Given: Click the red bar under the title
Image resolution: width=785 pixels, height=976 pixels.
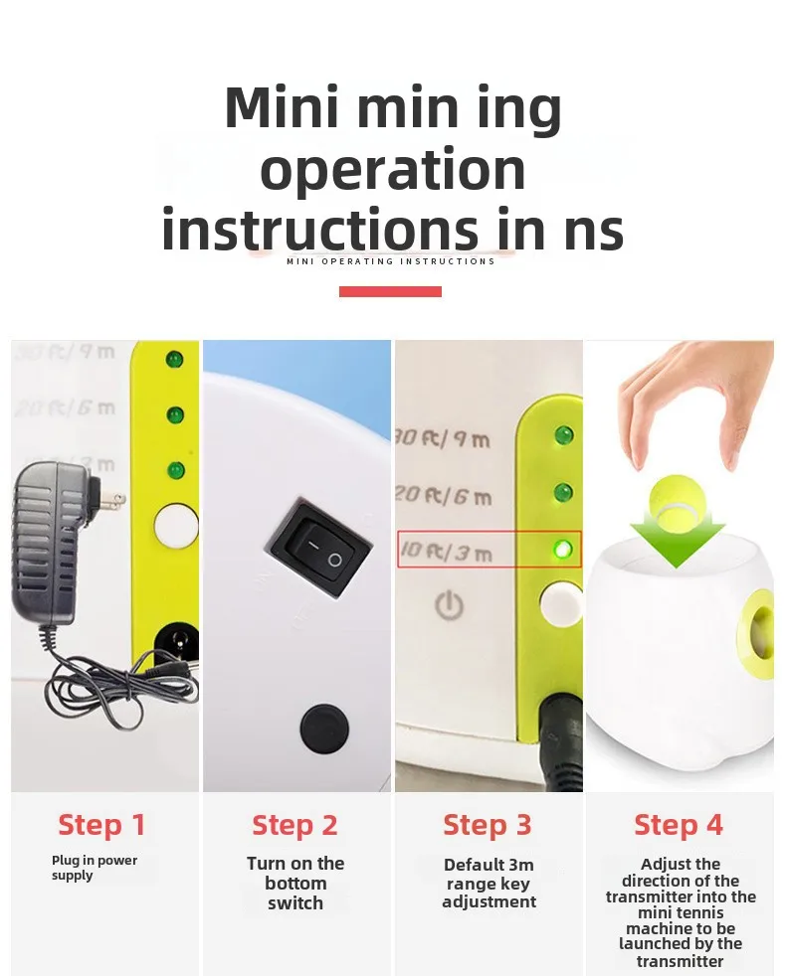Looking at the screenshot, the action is coord(391,291).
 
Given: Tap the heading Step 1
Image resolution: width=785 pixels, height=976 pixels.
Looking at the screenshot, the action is coord(101,825).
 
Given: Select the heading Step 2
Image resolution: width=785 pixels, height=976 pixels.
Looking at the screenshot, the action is coord(294,825).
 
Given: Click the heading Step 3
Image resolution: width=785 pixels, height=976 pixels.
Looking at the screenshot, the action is coord(488,825).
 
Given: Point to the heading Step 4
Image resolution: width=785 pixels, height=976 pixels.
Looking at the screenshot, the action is coord(679,825).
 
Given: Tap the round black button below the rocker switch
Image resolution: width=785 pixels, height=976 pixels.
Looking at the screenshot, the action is coord(324,728).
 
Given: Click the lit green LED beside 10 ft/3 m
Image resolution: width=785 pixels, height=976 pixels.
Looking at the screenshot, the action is coord(562,550).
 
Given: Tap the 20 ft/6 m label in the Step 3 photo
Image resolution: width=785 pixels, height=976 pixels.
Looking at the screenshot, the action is coord(444,496).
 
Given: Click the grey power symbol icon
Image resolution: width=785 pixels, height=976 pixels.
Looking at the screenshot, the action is coord(449,605).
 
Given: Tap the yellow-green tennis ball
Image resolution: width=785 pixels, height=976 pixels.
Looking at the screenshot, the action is coord(677,501).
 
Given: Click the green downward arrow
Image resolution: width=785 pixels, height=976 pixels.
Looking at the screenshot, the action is coord(678,539).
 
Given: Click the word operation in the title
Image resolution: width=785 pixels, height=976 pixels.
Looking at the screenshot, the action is coord(392,171).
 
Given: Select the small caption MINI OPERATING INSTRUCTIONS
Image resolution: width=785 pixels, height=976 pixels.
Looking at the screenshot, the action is coord(391,261).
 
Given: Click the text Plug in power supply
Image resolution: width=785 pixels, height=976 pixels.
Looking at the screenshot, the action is coord(95,868).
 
